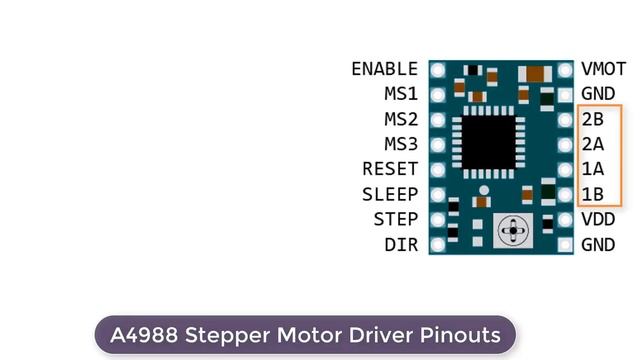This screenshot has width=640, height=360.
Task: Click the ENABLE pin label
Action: [x=384, y=69]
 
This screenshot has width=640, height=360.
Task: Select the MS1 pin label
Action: [x=401, y=94]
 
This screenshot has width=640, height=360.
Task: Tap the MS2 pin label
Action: [x=401, y=119]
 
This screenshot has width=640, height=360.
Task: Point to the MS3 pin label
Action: [x=401, y=144]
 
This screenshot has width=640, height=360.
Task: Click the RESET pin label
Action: [x=390, y=169]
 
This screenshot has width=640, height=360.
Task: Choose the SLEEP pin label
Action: [x=390, y=194]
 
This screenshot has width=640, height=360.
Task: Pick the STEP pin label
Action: [x=396, y=219]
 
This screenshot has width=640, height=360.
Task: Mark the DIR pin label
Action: [x=401, y=244]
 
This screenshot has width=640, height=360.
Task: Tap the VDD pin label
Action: [x=597, y=219]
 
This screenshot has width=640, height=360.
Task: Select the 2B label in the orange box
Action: [x=592, y=119]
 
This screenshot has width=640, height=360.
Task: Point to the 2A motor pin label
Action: [x=592, y=144]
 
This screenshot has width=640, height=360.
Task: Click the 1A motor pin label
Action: [x=592, y=169]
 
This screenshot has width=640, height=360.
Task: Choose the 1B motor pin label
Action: [x=592, y=194]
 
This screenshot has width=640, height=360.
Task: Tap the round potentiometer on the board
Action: [x=513, y=232]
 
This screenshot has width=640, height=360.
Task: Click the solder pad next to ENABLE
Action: [x=438, y=70]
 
